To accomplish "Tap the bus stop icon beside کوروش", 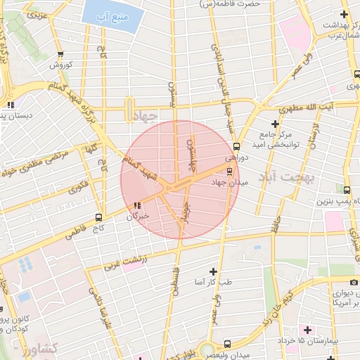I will [x=60, y=54].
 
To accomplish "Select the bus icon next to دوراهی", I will [x=236, y=147].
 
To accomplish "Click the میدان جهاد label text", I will [x=229, y=182].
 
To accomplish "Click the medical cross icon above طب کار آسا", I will [x=214, y=271].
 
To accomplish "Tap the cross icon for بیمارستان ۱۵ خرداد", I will [x=307, y=329].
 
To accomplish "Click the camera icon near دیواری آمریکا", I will [x=354, y=282].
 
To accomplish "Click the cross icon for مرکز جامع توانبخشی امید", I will [x=275, y=124].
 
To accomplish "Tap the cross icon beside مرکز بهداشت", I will [x=344, y=14].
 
